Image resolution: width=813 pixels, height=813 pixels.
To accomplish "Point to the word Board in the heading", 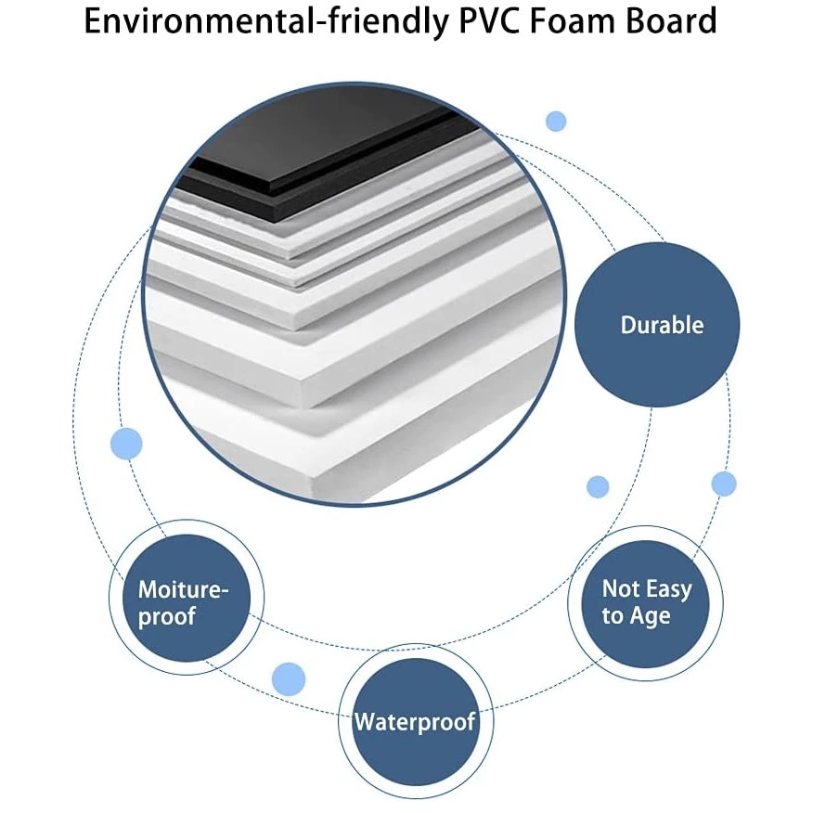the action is pyautogui.click(x=671, y=21).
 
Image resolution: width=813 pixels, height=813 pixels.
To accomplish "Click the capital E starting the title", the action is pyautogui.click(x=94, y=21).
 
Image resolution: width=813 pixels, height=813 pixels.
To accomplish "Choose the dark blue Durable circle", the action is pyautogui.click(x=657, y=325).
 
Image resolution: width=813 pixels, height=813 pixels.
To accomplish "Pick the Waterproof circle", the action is pyautogui.click(x=415, y=721).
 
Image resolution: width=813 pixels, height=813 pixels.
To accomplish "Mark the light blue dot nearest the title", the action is pyautogui.click(x=556, y=121).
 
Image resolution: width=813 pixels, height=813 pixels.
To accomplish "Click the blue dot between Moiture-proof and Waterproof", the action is pyautogui.click(x=289, y=679).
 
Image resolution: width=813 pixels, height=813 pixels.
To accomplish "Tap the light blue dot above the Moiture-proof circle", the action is pyautogui.click(x=126, y=444).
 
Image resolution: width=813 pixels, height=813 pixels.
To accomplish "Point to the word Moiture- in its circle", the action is pyautogui.click(x=183, y=588).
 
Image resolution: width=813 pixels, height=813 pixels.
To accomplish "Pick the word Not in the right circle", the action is pyautogui.click(x=621, y=588).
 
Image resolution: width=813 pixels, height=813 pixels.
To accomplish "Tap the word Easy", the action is pyautogui.click(x=668, y=588).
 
